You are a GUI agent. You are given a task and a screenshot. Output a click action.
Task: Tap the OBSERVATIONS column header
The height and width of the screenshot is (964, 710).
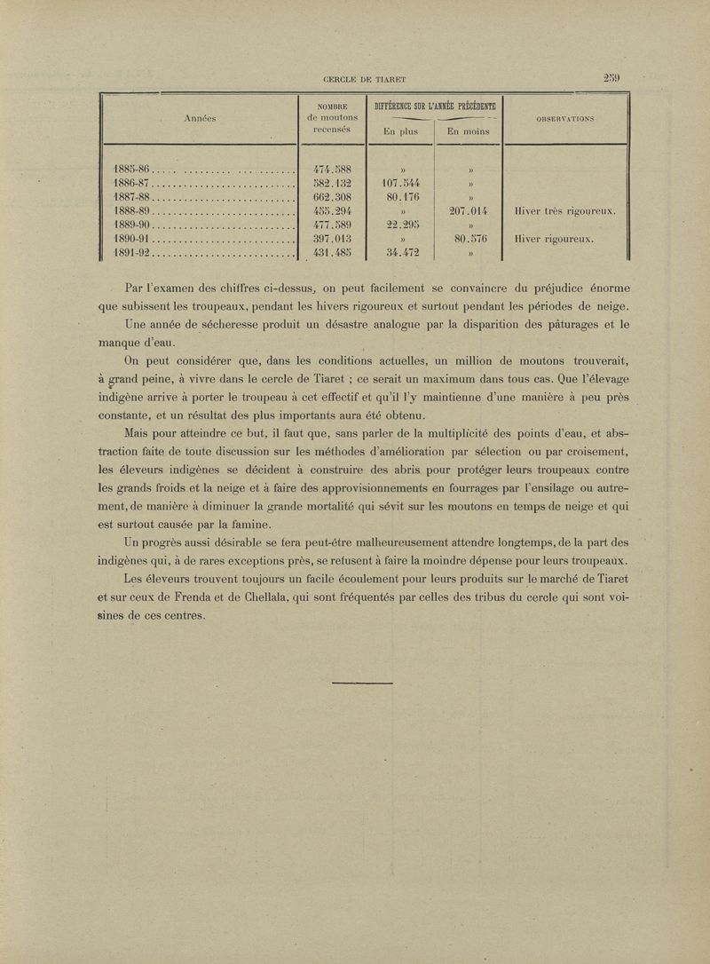click(564, 117)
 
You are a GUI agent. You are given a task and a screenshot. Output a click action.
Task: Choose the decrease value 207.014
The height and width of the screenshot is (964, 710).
click(469, 210)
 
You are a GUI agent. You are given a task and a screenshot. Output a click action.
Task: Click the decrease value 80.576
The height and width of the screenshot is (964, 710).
click(469, 238)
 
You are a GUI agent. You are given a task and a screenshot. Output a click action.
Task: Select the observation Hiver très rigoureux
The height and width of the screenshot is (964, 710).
click(564, 211)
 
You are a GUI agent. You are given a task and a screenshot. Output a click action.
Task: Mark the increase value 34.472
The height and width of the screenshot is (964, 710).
click(400, 252)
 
